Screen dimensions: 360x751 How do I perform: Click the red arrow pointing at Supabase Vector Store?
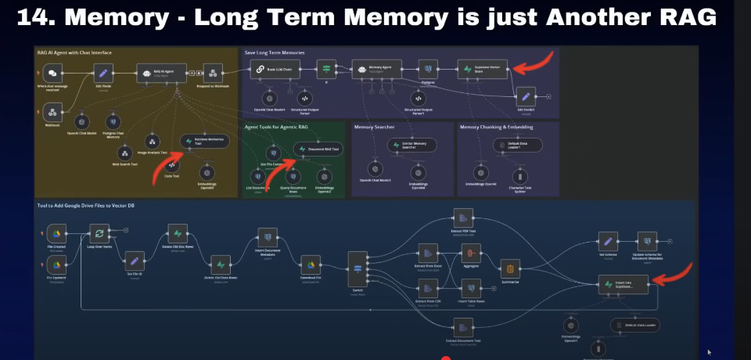point(535,61)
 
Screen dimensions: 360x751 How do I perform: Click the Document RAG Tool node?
point(317,149)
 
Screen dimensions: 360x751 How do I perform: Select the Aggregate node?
point(471,252)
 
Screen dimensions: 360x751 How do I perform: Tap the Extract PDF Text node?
point(462,217)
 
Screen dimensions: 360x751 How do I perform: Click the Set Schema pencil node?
point(606,242)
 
